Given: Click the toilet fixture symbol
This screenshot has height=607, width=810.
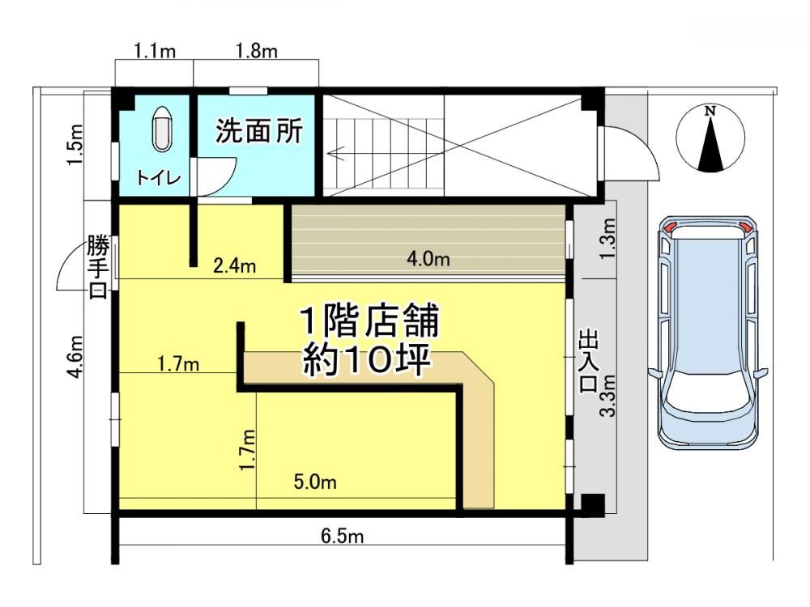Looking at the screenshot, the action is click(x=162, y=129).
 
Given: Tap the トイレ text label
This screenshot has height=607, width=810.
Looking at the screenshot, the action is click(x=159, y=178).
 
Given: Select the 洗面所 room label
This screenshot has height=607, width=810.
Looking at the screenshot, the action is click(x=259, y=131).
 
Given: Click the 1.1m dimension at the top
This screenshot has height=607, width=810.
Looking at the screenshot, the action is click(x=155, y=51).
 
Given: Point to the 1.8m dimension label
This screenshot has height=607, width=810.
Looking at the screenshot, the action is click(x=257, y=51).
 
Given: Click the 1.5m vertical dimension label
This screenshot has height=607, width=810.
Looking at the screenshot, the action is click(x=75, y=145).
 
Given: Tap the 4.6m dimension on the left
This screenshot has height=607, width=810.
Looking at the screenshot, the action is click(x=75, y=357).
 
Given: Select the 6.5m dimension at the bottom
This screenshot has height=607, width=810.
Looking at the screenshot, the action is click(x=342, y=537).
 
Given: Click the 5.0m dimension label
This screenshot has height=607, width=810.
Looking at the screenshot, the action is click(x=315, y=482).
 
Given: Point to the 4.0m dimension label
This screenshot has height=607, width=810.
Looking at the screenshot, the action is click(x=428, y=258).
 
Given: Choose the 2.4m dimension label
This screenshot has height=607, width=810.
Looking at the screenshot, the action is click(x=235, y=265).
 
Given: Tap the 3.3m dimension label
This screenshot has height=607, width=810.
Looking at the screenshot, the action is click(x=610, y=396).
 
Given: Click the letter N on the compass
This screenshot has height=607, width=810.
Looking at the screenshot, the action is click(x=711, y=110).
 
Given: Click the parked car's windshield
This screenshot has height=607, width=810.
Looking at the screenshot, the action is click(x=709, y=397).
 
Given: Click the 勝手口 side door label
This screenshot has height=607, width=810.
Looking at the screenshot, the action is click(x=98, y=267).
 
